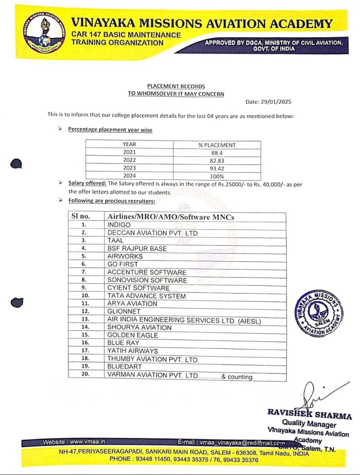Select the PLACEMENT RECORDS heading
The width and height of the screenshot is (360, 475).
176,86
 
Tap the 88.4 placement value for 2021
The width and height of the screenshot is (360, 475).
217,153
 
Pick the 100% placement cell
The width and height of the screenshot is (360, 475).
217,176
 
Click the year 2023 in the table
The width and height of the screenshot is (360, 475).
129,168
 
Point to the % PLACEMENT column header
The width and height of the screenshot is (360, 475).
217,145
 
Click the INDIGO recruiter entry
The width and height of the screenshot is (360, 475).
119,225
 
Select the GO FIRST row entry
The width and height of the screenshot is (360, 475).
122,264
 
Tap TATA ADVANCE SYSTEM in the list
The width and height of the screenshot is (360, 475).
146,296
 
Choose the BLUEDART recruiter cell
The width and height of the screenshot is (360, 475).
124,366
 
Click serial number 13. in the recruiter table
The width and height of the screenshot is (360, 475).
85,320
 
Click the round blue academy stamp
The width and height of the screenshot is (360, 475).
319,314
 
